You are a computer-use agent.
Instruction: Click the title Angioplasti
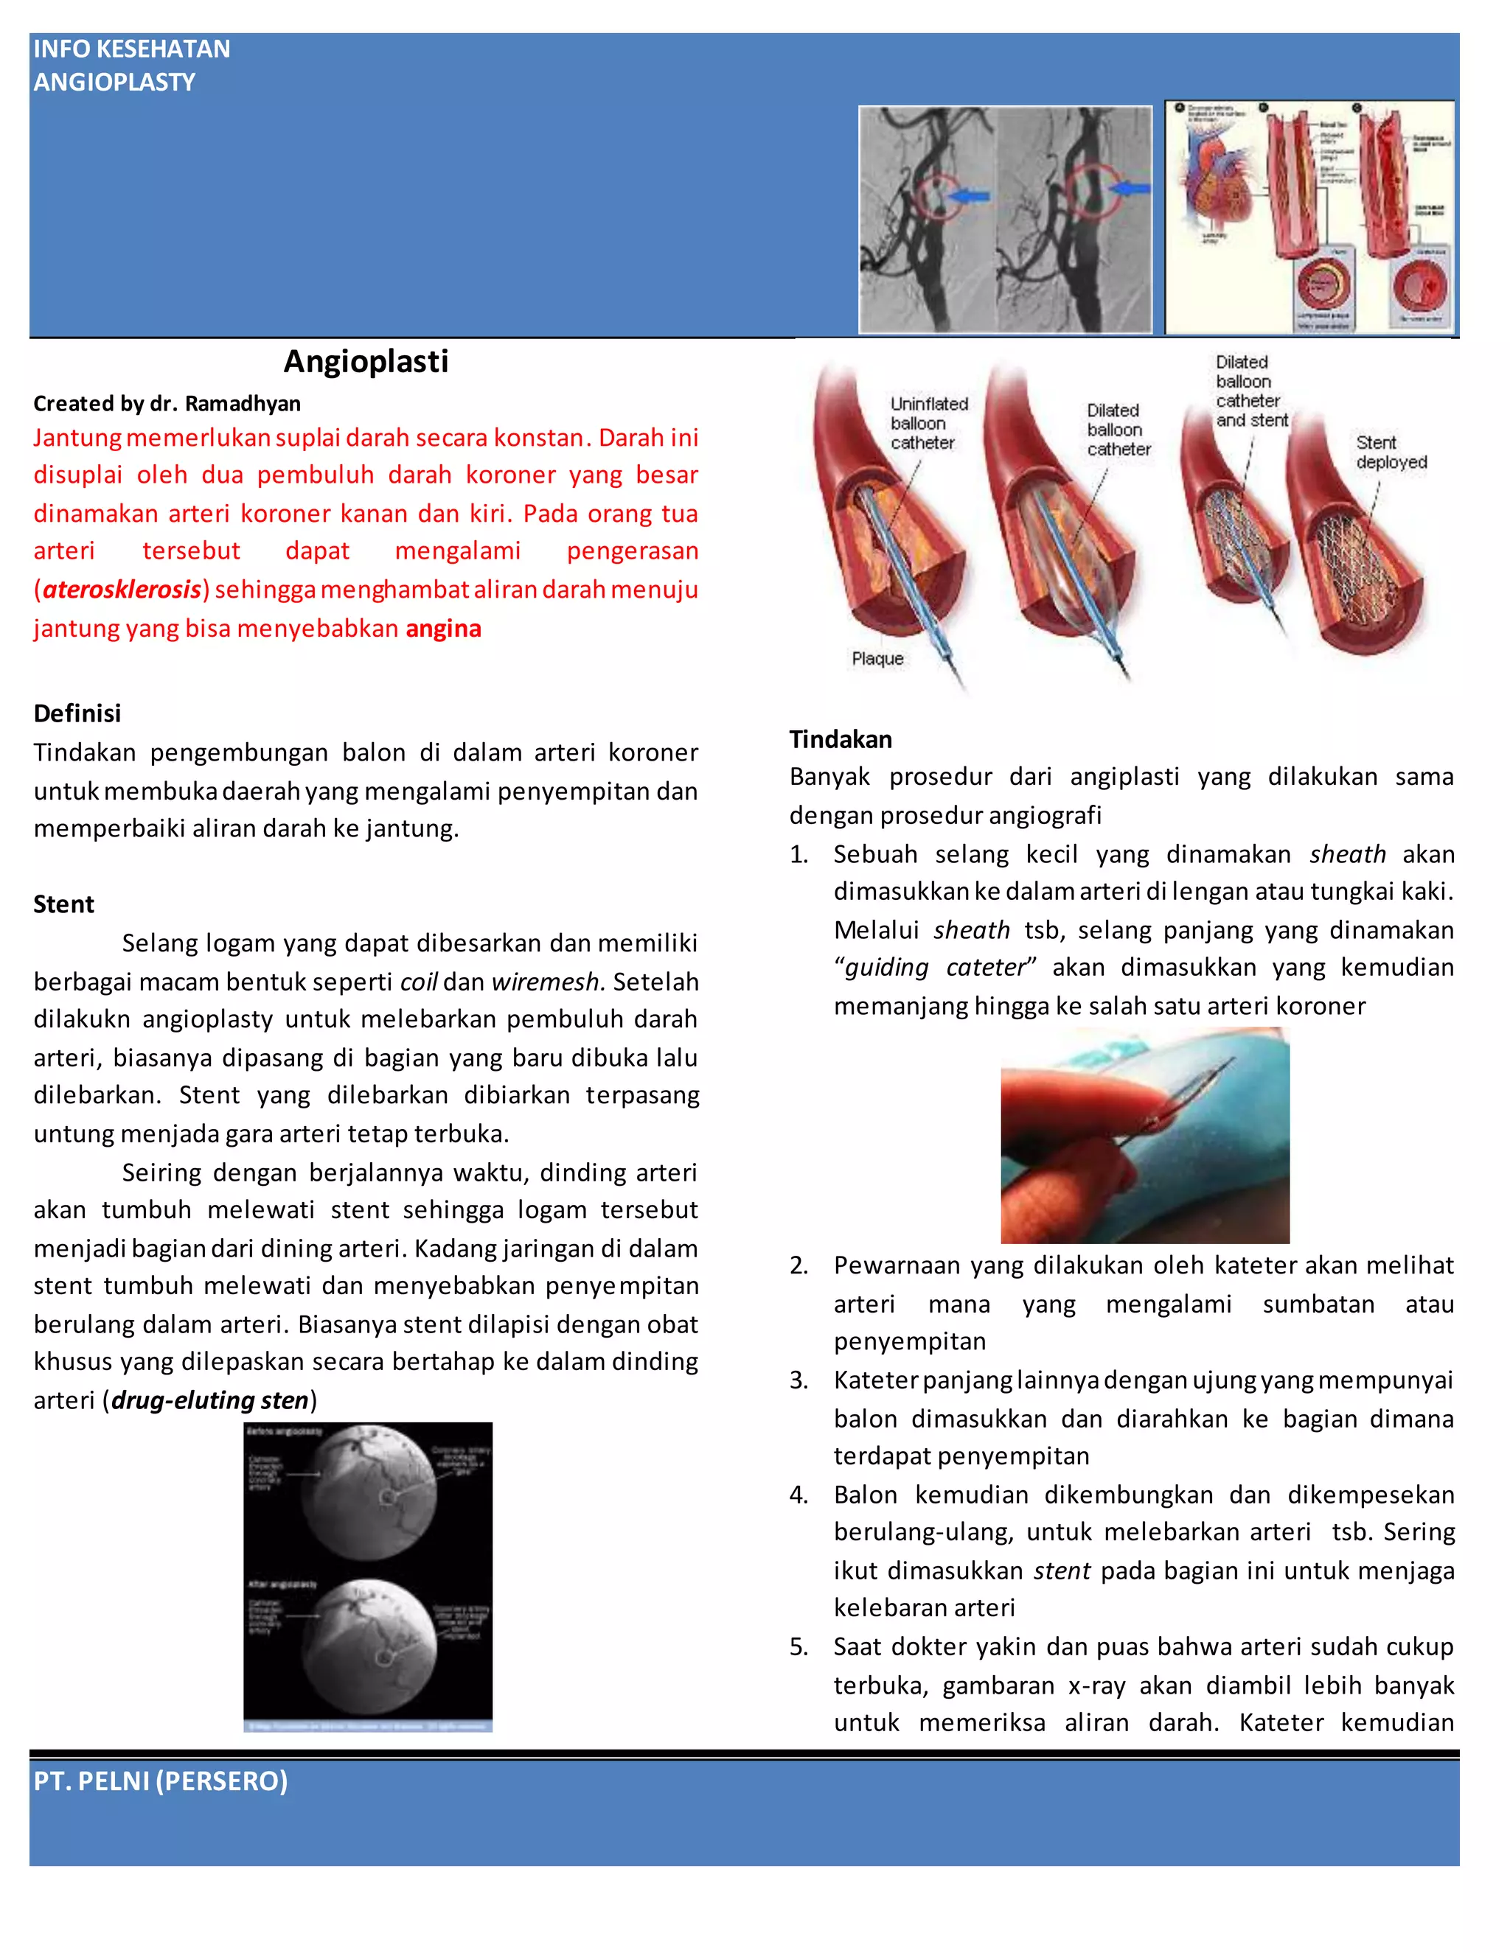coord(366,361)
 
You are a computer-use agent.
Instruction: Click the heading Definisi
coord(77,713)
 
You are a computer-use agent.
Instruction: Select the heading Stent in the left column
coord(63,904)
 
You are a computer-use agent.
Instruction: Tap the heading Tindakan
coord(840,738)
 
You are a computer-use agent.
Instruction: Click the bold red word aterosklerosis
coord(122,590)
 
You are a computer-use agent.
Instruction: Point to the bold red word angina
coord(443,628)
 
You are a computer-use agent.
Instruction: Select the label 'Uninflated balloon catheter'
coord(928,423)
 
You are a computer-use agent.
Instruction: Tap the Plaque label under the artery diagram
coord(877,658)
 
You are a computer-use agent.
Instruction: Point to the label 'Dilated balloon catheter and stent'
coord(1250,391)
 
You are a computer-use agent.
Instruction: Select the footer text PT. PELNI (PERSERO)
coord(161,1781)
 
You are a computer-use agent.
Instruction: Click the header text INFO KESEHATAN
coord(131,49)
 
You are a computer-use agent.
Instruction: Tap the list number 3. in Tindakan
coord(799,1380)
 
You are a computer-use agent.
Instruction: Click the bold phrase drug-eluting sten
coord(210,1400)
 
